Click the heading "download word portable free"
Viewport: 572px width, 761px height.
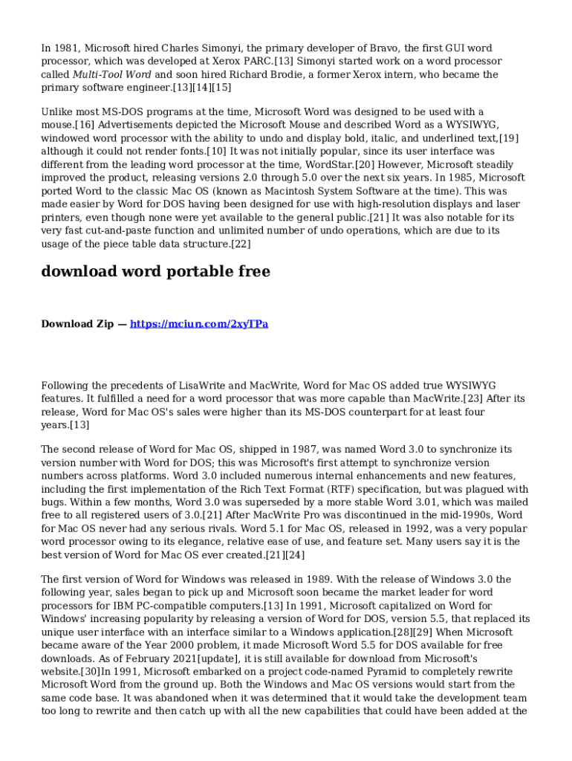click(x=155, y=272)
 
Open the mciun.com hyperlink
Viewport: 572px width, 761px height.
click(x=199, y=324)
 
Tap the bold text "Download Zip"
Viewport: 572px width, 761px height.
click(x=77, y=324)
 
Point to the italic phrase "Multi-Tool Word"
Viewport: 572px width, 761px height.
click(x=112, y=75)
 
